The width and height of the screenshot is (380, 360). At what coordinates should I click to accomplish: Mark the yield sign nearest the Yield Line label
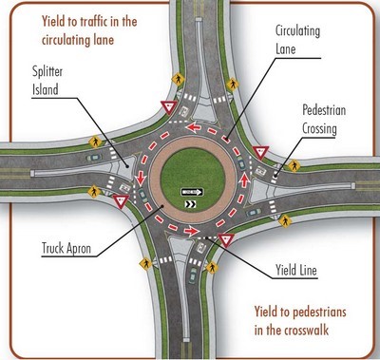tap(226, 240)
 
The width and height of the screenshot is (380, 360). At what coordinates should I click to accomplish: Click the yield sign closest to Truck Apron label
tap(121, 201)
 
